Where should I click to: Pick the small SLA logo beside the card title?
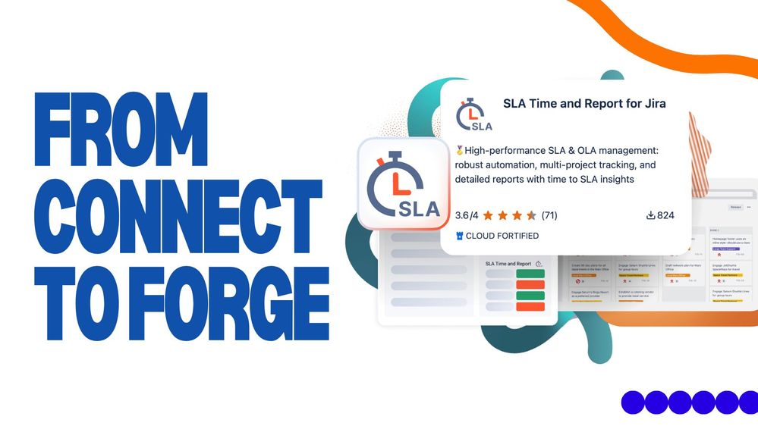[474, 114]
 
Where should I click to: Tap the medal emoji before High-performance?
[459, 150]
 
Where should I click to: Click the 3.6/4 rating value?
[467, 215]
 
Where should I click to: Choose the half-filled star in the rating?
[532, 215]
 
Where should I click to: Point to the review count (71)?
[549, 215]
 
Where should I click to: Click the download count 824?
[665, 215]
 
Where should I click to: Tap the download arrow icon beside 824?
[650, 215]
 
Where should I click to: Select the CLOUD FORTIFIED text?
[502, 236]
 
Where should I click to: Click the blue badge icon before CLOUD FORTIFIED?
[459, 236]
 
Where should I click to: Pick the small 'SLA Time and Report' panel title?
[508, 264]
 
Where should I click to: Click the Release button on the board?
[736, 207]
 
